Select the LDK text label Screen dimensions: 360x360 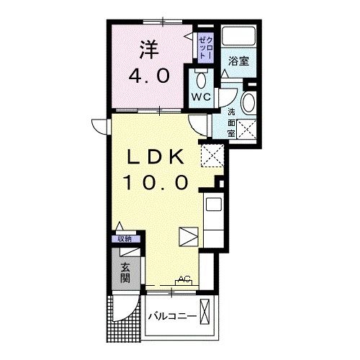pos(158,156)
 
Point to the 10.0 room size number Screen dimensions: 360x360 pos(158,181)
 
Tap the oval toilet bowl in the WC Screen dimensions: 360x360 pos(201,79)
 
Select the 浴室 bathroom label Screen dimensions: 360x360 pos(239,62)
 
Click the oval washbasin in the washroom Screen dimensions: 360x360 pos(249,102)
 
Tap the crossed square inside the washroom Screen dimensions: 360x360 pos(249,129)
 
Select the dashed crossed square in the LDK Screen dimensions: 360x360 pos(210,154)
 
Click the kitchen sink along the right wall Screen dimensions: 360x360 pos(214,204)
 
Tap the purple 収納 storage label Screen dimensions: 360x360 pos(124,239)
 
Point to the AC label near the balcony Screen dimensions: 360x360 pos(183,279)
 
